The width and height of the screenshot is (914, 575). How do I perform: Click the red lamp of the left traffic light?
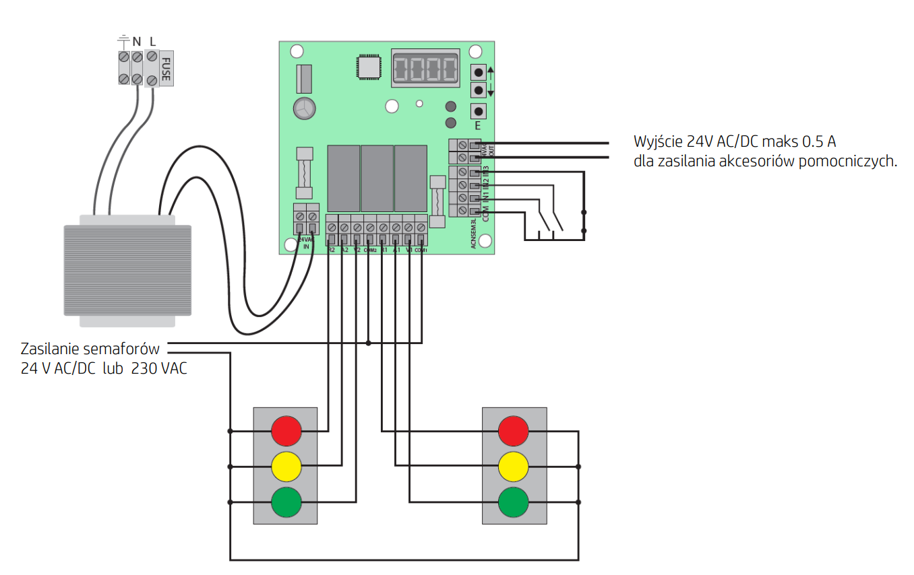[286, 431]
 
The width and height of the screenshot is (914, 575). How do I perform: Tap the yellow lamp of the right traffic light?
[514, 466]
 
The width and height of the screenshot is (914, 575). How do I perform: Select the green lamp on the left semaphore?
[286, 502]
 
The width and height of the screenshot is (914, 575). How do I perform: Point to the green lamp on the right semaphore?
[514, 502]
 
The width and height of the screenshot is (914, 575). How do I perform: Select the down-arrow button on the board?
[479, 90]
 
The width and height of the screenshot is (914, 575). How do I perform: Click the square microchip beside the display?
[369, 67]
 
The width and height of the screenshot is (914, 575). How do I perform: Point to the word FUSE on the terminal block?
[166, 69]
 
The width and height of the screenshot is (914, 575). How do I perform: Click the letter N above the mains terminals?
[136, 40]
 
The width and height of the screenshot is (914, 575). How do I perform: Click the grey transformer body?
[127, 269]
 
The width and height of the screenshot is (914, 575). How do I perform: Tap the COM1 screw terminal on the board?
[421, 228]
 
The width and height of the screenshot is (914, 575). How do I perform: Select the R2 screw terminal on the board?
[332, 228]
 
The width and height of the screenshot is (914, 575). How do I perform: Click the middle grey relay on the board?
[377, 178]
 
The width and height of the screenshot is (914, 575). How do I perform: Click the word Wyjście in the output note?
[658, 142]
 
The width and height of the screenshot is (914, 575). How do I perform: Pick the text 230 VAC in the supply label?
[159, 368]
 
